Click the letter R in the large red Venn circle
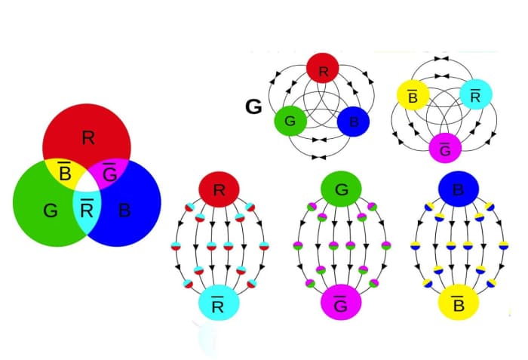tap(88, 137)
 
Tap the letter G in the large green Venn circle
tap(50, 211)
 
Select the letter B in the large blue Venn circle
tap(124, 211)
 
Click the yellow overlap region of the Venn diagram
tap(65, 174)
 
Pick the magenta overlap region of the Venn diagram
tap(109, 174)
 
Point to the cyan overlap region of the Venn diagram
tap(87, 211)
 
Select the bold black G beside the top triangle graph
tap(254, 107)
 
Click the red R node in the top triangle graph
tap(323, 71)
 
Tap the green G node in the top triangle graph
tap(290, 121)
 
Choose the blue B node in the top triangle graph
tap(353, 121)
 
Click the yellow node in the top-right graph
tap(413, 95)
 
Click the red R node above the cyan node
tap(219, 189)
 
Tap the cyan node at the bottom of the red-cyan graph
tap(219, 306)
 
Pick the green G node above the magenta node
tap(341, 189)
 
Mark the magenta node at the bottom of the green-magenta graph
tap(341, 306)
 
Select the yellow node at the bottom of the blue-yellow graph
tap(459, 305)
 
